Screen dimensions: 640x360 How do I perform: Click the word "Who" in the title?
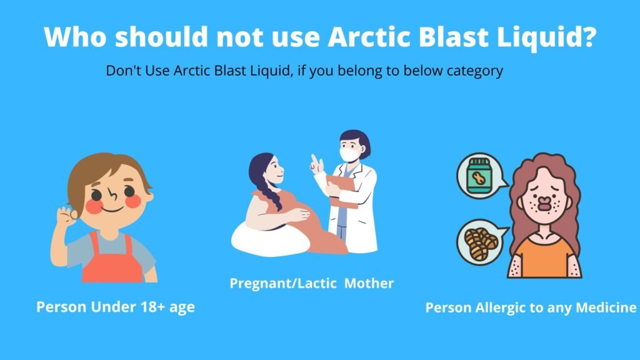pos(76,37)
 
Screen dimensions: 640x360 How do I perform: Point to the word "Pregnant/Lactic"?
pos(283,283)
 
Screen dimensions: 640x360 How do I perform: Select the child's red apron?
pos(111,259)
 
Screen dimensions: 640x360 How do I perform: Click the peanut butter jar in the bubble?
pos(478,176)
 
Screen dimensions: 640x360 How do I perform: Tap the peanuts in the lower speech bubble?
pos(481,244)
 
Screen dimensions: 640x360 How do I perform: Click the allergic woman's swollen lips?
pos(544,203)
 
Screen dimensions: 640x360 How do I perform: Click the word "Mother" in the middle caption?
pos(369,283)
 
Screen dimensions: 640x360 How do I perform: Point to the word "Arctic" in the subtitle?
pos(191,71)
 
